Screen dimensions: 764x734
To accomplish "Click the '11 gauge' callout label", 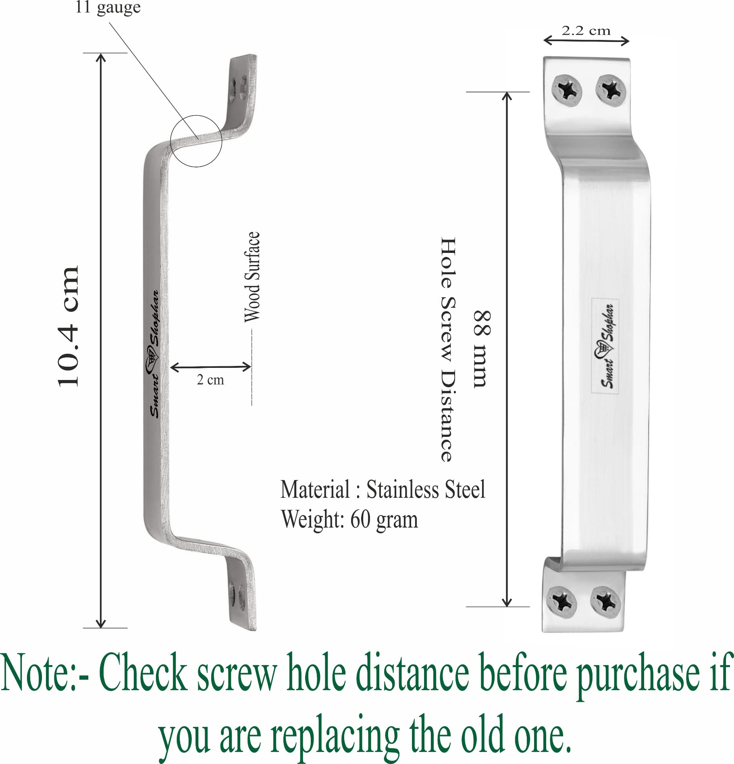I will pos(108,7).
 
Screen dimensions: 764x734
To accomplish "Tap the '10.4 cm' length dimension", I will pos(68,327).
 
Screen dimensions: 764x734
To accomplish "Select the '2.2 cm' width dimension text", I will pos(586,31).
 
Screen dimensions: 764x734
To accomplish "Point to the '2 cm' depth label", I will pos(210,380).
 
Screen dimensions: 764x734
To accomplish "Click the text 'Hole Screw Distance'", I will pos(448,349).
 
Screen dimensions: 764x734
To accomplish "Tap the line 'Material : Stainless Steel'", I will pos(383,490).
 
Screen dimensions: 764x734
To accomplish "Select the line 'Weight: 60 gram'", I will pos(349,519).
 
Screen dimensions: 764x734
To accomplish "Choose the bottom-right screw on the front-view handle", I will pos(605,601).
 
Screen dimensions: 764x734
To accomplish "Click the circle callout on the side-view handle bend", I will pos(196,141).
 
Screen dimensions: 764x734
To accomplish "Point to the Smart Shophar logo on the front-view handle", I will pos(605,346).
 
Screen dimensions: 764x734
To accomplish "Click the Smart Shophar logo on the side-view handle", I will pos(154,354).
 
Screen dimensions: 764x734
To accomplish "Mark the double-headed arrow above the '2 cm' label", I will pos(210,367).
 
